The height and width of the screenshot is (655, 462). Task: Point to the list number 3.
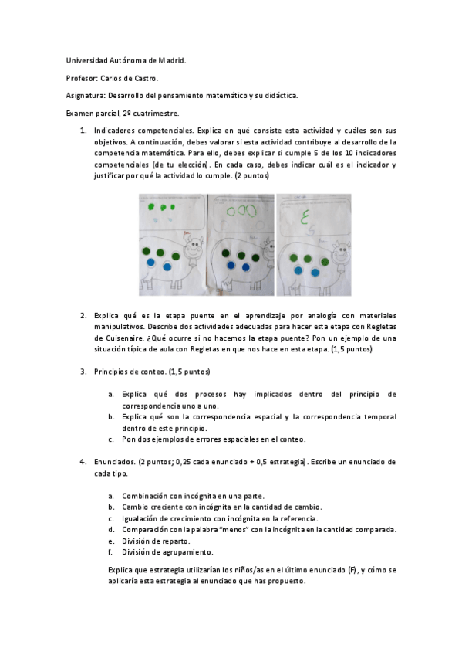[83, 372]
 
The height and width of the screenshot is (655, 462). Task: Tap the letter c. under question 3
[111, 439]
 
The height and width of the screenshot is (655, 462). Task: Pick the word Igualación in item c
[143, 518]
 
